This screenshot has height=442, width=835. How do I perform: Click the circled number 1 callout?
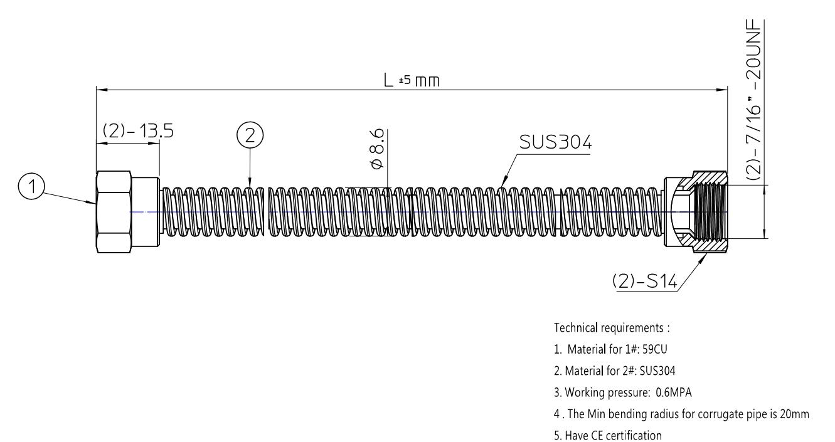point(32,186)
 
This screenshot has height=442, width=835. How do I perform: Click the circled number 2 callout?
point(250,135)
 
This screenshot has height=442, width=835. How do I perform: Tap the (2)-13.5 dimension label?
point(138,131)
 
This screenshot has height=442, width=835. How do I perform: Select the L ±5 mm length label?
point(412,80)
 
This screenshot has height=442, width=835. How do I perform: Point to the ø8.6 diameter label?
point(376,149)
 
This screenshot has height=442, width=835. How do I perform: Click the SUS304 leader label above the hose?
point(555,142)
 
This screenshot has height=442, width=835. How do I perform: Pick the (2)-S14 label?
point(645,281)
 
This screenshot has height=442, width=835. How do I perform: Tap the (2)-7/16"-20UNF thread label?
point(753,100)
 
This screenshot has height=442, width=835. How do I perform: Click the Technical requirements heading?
point(612,328)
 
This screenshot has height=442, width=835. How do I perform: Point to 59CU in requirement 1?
point(655,349)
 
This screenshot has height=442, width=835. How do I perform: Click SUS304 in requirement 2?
point(657,371)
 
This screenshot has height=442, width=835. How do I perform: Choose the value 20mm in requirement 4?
point(794,414)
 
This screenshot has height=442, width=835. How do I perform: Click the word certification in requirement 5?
point(636,435)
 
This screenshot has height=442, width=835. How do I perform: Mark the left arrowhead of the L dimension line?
point(102,90)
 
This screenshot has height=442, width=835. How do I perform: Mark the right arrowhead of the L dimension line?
point(722,90)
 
